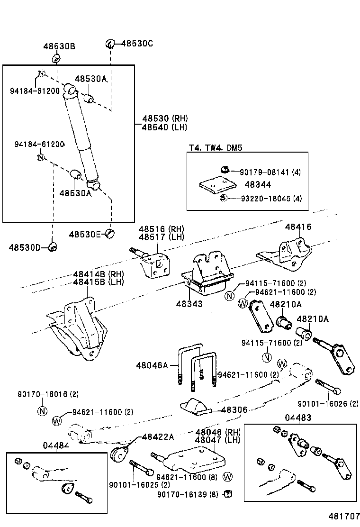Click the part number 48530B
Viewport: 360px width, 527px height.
tap(59, 46)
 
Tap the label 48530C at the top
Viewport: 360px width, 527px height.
tap(137, 44)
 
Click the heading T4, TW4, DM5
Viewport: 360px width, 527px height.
tap(216, 148)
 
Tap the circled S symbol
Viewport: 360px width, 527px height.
tap(224, 198)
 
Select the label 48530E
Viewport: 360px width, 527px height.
tap(85, 234)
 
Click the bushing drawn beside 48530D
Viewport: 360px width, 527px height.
tap(54, 247)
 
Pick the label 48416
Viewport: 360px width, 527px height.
tap(298, 227)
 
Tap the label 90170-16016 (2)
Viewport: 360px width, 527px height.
tap(48, 394)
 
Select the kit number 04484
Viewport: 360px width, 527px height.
tap(56, 445)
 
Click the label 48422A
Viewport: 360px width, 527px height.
tap(158, 436)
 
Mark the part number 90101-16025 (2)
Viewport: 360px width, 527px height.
tap(139, 485)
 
